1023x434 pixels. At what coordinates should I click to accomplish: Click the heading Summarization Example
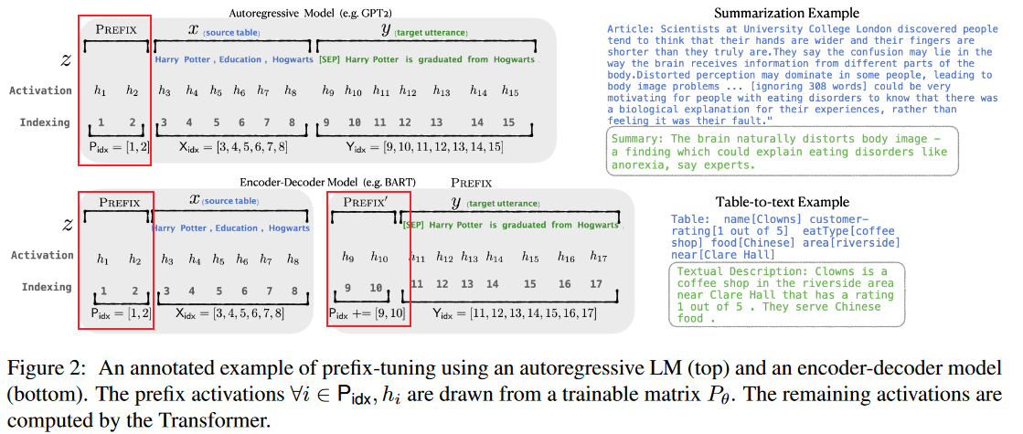coord(786,13)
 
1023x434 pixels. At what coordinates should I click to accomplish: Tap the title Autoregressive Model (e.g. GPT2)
coord(310,13)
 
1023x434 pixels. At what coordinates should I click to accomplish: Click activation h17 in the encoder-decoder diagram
coord(598,258)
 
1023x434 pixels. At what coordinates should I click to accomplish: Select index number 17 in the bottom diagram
coord(595,284)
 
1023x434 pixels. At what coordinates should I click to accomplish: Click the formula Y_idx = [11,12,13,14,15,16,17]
coord(516,313)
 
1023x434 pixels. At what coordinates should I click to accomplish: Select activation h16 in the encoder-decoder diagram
coord(566,258)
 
